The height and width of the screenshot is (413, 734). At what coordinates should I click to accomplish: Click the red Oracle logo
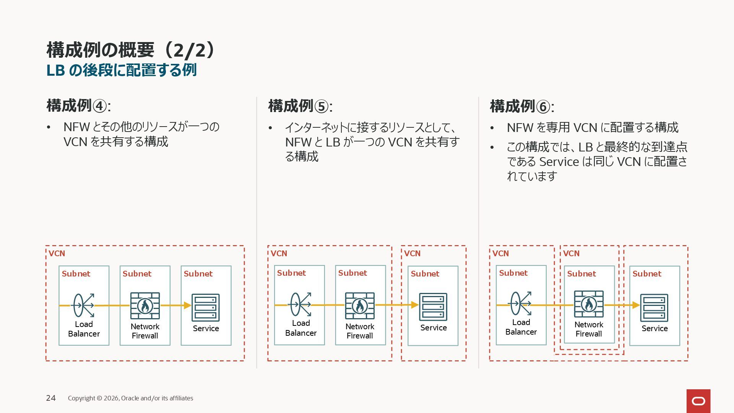pos(698,401)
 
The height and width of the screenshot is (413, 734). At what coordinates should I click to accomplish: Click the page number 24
pos(51,398)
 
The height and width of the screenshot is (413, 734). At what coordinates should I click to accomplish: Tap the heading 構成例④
pos(78,106)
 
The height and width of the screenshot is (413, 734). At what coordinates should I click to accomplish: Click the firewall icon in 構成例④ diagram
pos(145,306)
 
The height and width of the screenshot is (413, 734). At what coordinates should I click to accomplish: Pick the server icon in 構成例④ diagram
pos(206,307)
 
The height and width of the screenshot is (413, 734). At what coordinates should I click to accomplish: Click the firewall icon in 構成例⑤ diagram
pos(360,306)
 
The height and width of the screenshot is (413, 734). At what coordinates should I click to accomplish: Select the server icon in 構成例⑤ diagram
pos(433,307)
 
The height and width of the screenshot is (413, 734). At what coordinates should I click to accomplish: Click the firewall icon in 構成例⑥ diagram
pos(589,304)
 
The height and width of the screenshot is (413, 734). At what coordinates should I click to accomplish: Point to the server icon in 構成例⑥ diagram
pos(654,307)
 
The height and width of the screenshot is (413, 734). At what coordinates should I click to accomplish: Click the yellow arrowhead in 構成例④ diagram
pos(187,305)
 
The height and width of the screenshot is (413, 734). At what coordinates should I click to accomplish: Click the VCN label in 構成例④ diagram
pos(57,254)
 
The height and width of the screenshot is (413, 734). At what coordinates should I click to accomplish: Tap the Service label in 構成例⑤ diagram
pos(434,328)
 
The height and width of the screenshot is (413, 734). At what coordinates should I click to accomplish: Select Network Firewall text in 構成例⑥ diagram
pos(589,329)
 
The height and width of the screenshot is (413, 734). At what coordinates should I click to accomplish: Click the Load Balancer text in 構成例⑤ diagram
pos(301,328)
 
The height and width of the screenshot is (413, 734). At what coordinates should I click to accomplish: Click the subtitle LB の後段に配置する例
pos(121,70)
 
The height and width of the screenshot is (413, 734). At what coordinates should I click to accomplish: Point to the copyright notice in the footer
pos(130,398)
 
